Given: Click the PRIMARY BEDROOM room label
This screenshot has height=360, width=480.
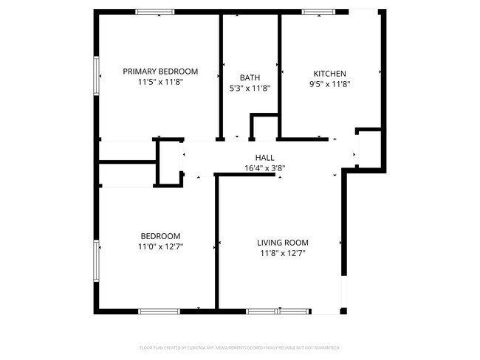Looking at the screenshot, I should pos(160,72).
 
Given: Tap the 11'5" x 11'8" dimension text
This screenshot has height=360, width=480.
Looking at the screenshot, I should pos(160,83).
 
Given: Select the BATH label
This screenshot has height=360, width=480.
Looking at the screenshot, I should pos(250,77).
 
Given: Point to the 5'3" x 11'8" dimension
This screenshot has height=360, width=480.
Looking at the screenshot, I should pos(250,88).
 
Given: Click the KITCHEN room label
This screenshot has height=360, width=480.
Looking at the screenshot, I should pos(330,74).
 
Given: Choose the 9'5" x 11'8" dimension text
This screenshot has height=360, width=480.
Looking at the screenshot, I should pos(330,84).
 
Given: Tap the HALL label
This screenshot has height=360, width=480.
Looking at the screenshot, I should pos(264,157).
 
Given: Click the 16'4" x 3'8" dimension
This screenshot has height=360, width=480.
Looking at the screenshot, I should pos(264,167).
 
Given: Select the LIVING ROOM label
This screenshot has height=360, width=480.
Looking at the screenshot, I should pos(282,243).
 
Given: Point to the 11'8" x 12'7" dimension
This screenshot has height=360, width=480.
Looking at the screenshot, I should pos(282,253).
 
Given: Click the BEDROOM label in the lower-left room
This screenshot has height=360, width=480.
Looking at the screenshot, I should pos(160,236).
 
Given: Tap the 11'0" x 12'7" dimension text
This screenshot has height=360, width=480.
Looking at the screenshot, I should pos(160,246).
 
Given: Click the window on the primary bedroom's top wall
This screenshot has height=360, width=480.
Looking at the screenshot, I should pos(155,12).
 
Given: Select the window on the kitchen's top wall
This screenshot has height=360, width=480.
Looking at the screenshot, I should pos(317,12).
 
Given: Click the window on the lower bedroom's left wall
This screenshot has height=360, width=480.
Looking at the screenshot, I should pos(96,260).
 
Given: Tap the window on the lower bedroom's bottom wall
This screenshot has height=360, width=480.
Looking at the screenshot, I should pos(160,311).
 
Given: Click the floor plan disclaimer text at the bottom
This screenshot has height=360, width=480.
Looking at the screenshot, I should pos(239,347).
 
